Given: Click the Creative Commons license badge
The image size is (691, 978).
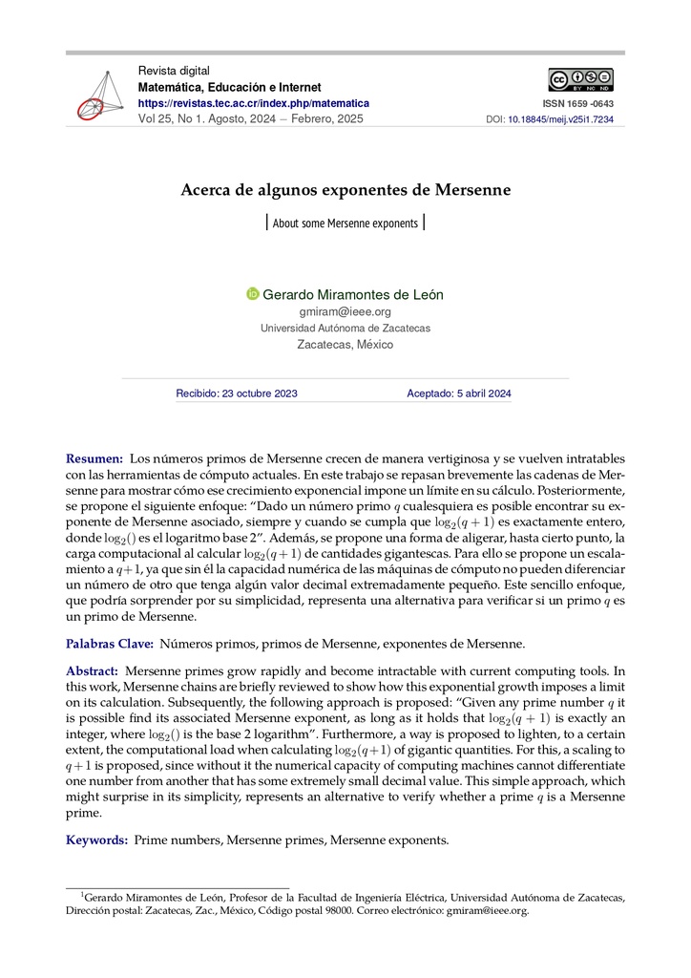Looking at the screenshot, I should (580, 80).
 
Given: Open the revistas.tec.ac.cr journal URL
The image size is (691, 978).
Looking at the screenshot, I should (253, 103).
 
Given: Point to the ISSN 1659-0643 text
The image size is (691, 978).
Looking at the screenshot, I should (578, 103).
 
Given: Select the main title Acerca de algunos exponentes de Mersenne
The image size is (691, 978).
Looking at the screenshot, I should (345, 190).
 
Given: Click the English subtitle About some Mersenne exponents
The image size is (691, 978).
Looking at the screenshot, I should (345, 223).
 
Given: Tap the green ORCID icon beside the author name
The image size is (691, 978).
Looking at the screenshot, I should (253, 294).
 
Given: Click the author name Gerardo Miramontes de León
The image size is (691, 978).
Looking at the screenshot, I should (352, 294).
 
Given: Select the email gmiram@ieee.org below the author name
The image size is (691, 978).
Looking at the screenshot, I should (345, 311).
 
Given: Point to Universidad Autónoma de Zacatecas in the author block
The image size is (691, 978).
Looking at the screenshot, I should (345, 328).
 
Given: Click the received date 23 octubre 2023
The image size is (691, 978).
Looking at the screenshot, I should (237, 393).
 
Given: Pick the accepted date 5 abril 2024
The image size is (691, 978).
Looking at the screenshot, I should (459, 393).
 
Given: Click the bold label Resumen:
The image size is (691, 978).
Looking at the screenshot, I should (94, 459).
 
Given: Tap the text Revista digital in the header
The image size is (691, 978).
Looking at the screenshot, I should (174, 71).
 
